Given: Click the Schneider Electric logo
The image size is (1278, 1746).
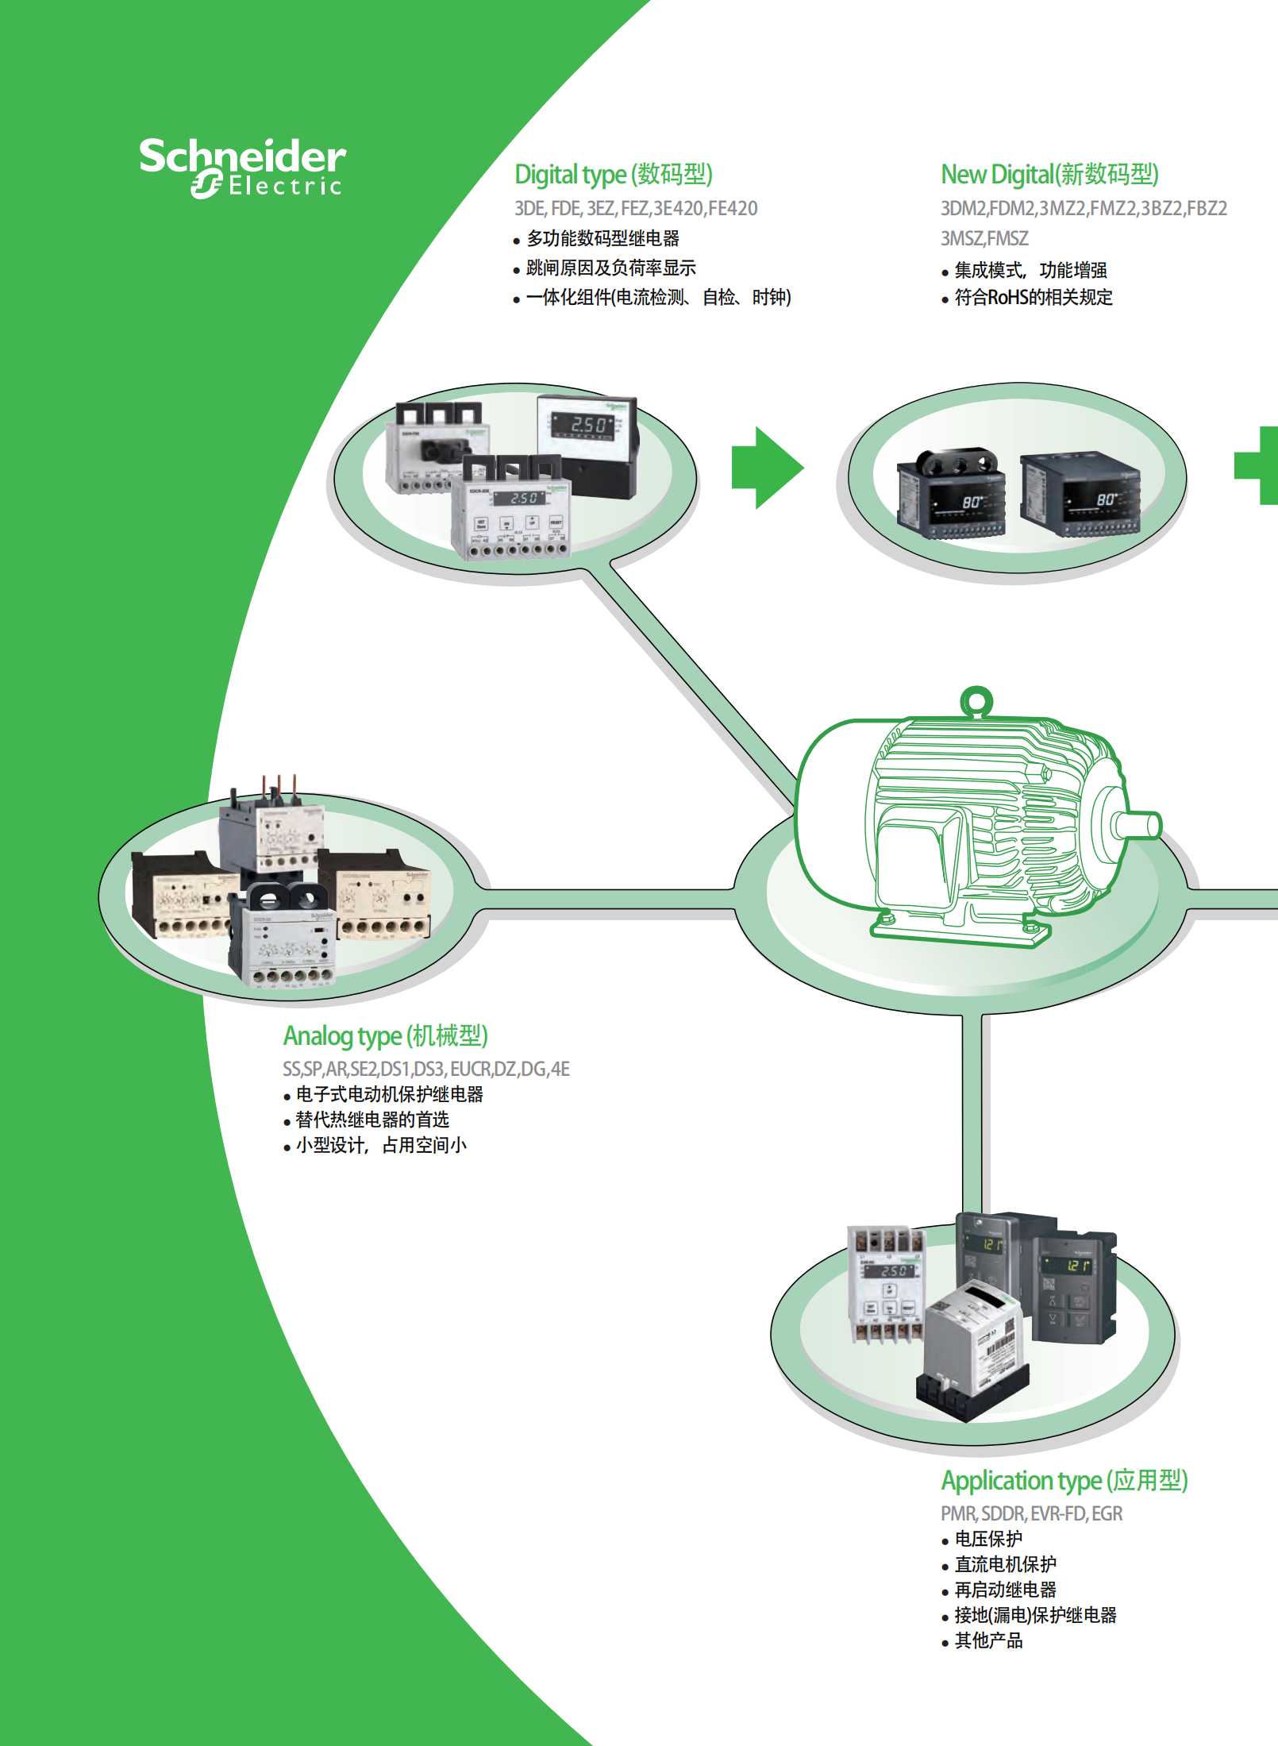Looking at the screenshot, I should (x=242, y=168).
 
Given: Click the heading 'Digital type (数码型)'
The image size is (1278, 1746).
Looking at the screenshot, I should (x=613, y=175).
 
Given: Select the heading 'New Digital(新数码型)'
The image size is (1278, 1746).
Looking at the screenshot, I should (x=1049, y=175).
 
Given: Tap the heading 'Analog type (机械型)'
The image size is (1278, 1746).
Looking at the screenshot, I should (x=385, y=1036).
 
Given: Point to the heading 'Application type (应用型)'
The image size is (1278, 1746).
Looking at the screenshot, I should (x=1064, y=1481).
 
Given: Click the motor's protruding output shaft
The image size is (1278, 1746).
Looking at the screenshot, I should (x=1138, y=825).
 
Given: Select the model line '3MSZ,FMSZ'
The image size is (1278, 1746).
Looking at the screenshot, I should (x=984, y=239).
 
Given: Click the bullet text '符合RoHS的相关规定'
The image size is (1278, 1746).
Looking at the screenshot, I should (x=1033, y=298).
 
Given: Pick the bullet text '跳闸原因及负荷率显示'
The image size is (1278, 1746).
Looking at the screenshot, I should (x=610, y=268).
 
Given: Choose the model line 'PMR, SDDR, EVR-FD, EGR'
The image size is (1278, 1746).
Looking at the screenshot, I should (x=1031, y=1514).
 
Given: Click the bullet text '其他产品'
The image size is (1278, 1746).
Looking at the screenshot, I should (x=988, y=1641).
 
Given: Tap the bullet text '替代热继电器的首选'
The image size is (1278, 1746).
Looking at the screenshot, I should (x=371, y=1120).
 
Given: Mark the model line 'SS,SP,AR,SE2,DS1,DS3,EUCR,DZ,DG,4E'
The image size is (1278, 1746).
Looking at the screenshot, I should (x=426, y=1070).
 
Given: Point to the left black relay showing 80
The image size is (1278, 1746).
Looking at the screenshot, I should (x=951, y=496).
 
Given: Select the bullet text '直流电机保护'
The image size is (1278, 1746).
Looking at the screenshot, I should (x=1005, y=1565).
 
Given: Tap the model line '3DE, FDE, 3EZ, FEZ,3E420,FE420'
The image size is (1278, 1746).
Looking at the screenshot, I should (x=636, y=209).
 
